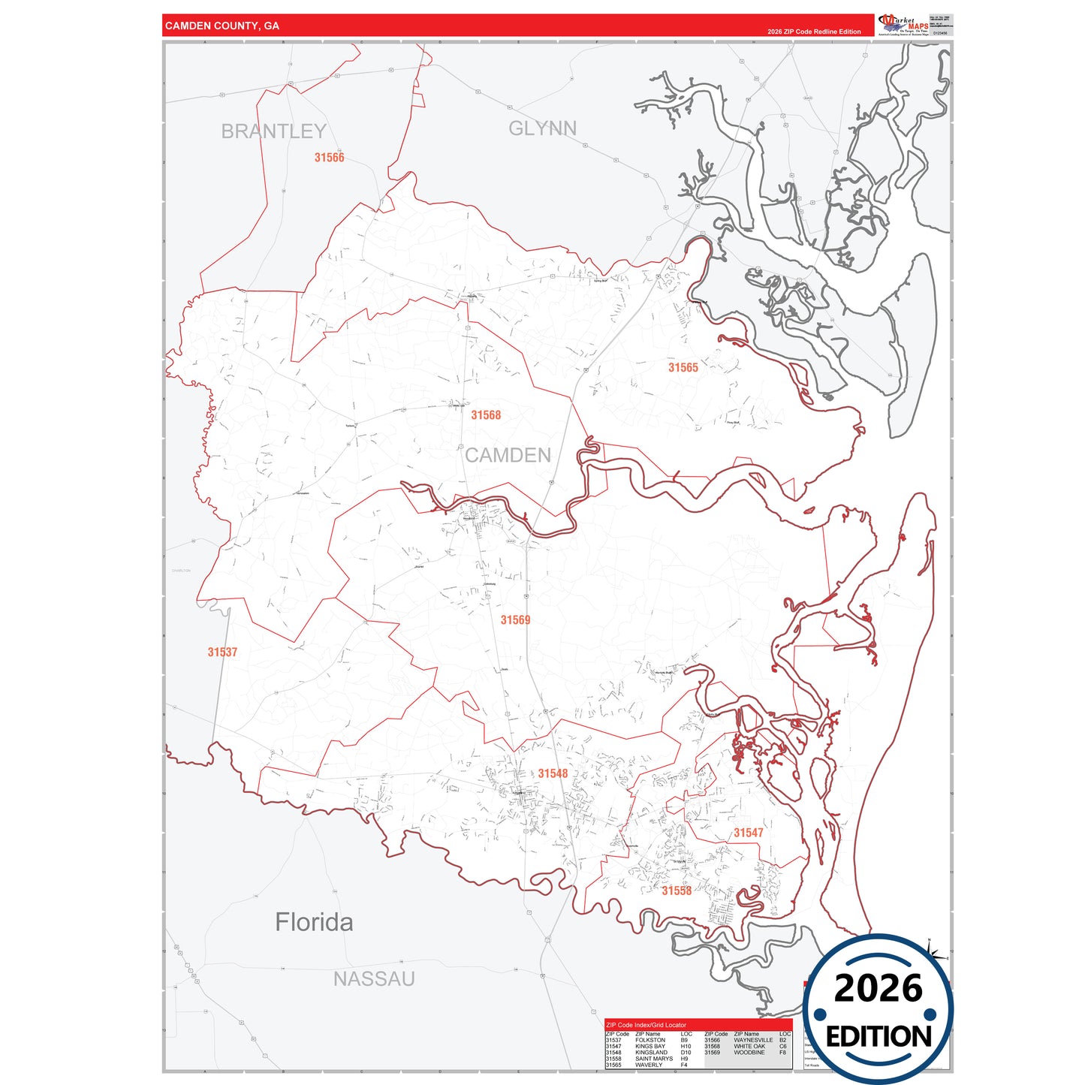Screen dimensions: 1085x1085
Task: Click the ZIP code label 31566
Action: (329, 158)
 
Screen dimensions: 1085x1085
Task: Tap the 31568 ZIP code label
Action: (486, 415)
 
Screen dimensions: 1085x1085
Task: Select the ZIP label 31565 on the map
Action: (683, 367)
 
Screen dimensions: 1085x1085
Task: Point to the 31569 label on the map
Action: (515, 620)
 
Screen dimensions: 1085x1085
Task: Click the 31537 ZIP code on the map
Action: (222, 653)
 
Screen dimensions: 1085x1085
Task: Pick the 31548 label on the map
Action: (553, 773)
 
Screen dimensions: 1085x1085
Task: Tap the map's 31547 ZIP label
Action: (749, 833)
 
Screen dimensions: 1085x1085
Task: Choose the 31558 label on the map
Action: (677, 891)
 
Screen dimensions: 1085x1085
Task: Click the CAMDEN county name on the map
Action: (508, 455)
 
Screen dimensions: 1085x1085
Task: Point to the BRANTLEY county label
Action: (273, 131)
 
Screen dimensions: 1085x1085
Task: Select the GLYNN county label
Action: (542, 128)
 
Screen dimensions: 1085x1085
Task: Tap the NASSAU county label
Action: (374, 979)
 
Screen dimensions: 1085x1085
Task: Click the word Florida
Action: (314, 922)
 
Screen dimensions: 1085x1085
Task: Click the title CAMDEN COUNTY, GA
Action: (222, 26)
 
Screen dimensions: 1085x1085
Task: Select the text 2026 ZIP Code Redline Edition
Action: (814, 32)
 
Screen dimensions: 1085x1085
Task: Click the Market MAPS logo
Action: (904, 24)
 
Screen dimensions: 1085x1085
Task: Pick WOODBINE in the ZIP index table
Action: (749, 1053)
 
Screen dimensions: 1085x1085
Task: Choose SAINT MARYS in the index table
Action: (653, 1059)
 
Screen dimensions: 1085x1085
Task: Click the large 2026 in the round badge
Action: (878, 988)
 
